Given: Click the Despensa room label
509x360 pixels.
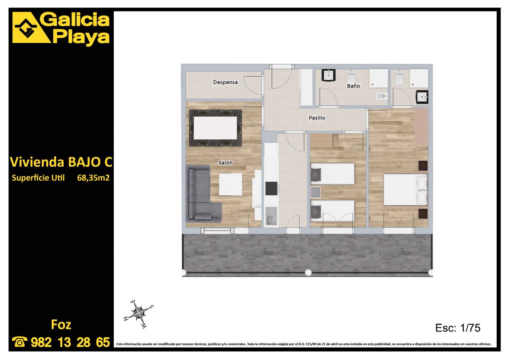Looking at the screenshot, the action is point(225,82).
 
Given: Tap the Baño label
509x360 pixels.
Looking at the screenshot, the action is point(354,86).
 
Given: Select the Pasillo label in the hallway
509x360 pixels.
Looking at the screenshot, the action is point(317,118).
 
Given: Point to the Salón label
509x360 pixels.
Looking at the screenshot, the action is point(225,163).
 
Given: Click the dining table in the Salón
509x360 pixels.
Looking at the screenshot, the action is point(215,128).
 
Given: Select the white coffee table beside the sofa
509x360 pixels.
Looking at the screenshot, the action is point(230,184).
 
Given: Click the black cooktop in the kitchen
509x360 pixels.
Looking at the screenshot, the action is point(272,189).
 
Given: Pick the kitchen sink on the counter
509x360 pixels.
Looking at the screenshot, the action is point(271,216).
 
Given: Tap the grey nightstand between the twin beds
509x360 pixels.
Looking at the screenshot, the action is point(315,192).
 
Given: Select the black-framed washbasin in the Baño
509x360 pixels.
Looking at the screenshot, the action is point(328,75).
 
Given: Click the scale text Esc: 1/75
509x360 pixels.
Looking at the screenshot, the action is point(458,328).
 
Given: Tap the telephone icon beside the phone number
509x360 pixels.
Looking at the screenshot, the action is point(19,342).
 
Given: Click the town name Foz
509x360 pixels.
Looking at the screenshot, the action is point(61,325).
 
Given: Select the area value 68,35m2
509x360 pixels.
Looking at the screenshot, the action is point(93,178).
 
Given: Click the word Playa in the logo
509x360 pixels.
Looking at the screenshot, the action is point(81,37).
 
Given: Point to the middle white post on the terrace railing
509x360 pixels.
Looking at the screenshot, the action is point(308,272).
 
